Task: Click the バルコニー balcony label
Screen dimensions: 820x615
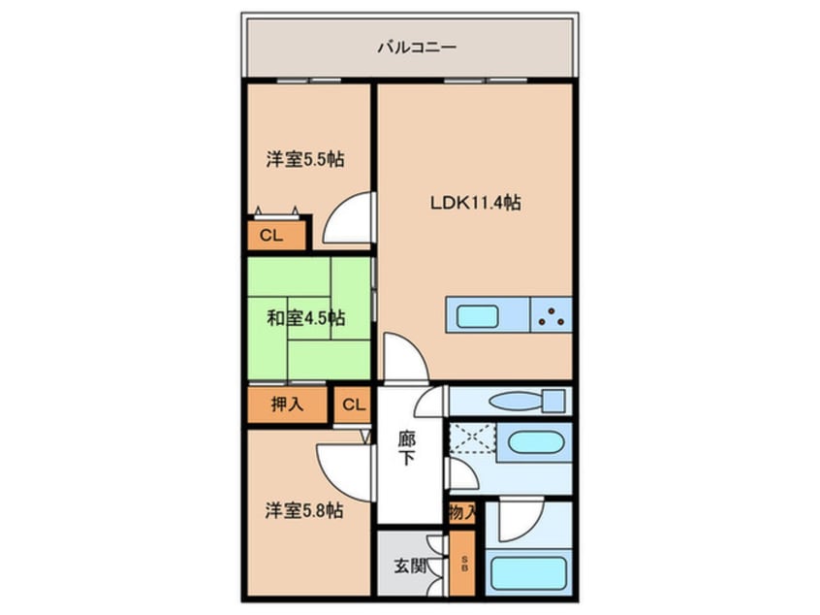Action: tap(417, 48)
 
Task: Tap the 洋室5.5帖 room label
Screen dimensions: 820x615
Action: tap(305, 159)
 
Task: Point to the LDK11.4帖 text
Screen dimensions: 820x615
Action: tap(475, 203)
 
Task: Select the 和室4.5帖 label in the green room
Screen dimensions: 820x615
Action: tap(306, 318)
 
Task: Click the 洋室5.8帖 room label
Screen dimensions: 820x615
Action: tap(304, 510)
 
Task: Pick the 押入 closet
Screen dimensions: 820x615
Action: tap(287, 405)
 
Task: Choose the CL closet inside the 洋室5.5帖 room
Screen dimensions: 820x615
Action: tap(276, 235)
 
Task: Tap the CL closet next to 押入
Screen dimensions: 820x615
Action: tap(353, 405)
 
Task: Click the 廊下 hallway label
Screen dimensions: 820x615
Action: tap(407, 448)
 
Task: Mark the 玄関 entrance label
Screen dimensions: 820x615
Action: tap(409, 566)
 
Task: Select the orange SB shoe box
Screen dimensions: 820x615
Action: tap(462, 564)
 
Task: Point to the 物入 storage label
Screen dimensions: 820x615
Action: tap(462, 512)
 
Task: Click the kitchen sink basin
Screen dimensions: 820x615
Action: tap(478, 316)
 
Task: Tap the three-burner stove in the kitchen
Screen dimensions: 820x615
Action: tap(552, 315)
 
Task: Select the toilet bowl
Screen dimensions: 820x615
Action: tap(526, 402)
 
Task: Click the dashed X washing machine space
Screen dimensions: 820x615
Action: tap(473, 438)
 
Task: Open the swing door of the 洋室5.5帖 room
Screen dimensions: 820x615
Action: tap(348, 218)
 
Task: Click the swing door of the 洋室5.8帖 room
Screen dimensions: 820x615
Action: tap(345, 472)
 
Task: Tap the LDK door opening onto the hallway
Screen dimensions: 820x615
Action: tap(406, 358)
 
